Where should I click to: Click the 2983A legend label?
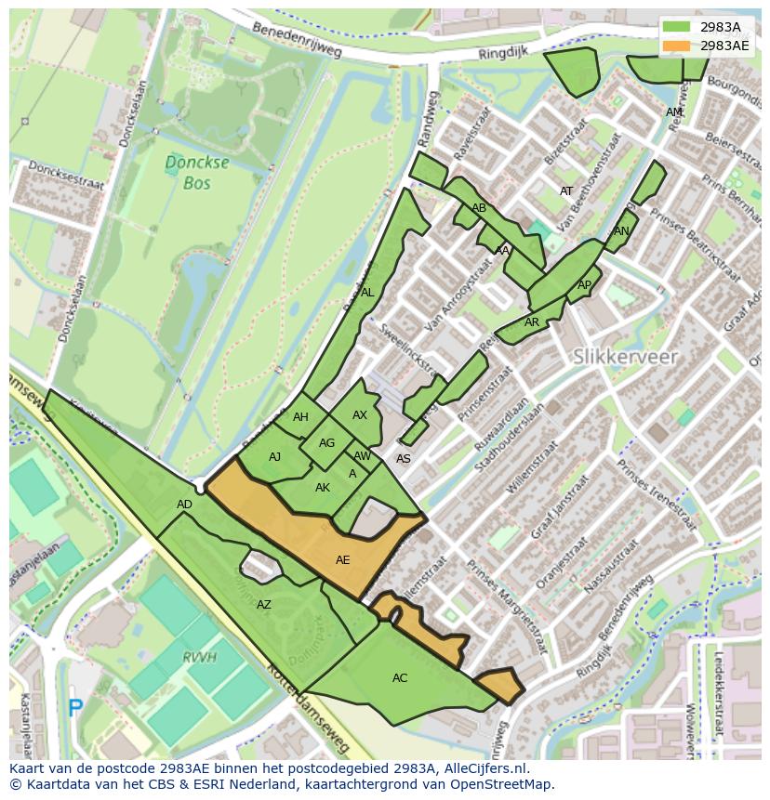click(721, 28)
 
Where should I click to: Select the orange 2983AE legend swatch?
click(676, 46)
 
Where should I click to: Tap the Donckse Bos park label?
click(184, 173)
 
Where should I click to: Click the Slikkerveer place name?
click(625, 356)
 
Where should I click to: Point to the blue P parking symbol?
click(75, 708)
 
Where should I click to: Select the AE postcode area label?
click(343, 560)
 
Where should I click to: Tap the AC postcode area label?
click(400, 678)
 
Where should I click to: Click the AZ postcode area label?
click(264, 605)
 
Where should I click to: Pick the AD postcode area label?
click(184, 505)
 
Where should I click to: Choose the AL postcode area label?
click(367, 293)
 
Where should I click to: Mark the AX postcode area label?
click(360, 415)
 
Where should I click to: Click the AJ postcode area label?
click(274, 457)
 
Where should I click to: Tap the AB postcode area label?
click(479, 208)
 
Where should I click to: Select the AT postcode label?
click(566, 191)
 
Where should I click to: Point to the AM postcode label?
click(673, 112)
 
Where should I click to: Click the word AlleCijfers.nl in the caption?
click(484, 768)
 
